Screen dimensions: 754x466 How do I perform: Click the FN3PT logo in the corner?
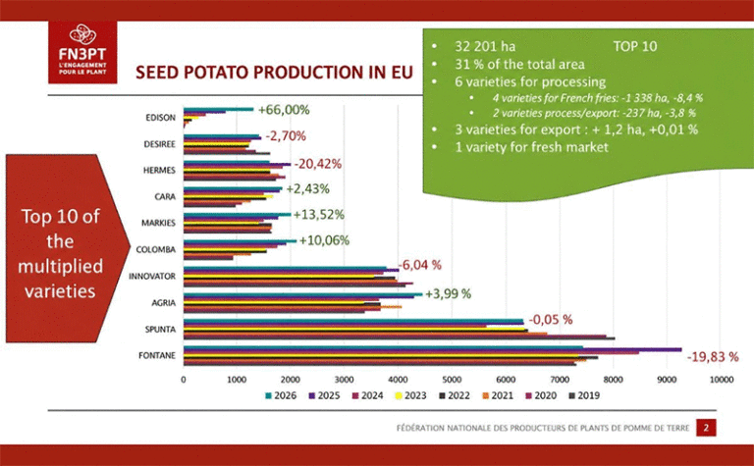pos(82,52)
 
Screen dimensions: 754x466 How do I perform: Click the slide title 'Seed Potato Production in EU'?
pos(274,73)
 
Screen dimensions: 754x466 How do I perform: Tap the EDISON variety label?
pos(161,118)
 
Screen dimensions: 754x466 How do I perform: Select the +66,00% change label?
pos(284,110)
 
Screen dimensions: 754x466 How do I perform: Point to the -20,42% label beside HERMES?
pos(318,164)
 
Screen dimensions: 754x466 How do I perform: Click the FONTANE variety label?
pos(157,355)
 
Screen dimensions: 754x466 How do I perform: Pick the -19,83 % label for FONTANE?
pos(713,357)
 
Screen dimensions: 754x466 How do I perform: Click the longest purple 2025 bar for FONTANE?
pos(432,349)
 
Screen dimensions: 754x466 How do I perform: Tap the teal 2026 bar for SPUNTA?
pos(353,321)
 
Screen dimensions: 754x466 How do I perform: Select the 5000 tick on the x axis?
pos(452,380)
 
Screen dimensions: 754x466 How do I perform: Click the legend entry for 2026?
pos(281,395)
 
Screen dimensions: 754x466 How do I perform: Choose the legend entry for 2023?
pos(410,395)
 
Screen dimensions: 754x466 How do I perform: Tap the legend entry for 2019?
pos(584,395)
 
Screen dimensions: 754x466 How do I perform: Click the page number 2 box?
pos(706,428)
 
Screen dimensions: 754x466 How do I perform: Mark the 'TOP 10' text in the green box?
pos(635,47)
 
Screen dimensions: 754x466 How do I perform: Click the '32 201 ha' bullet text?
pos(485,47)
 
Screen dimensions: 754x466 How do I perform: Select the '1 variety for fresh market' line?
pos(532,147)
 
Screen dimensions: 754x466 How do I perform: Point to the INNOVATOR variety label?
pos(152,277)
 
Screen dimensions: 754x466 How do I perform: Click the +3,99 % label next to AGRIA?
pos(448,293)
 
